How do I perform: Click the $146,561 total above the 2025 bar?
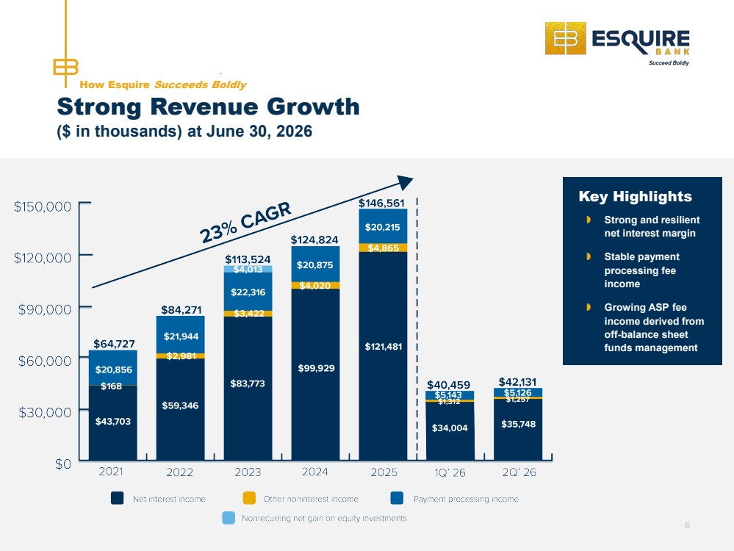381,203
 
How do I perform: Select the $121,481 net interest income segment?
383,356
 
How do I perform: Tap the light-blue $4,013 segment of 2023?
248,269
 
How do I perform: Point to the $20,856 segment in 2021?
113,368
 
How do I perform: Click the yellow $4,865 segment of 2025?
383,248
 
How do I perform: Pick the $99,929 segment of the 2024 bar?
315,375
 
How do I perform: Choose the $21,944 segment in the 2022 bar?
180,335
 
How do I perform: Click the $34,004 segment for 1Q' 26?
450,431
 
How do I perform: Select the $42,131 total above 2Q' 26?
517,382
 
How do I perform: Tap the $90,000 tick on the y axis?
45,309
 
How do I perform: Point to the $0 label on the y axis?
63,464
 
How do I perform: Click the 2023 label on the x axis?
248,472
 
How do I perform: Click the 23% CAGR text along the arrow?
245,223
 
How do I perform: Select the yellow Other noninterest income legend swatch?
249,498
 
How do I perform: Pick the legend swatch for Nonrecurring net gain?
229,518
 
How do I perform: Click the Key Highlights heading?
635,197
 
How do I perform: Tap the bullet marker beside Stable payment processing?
589,256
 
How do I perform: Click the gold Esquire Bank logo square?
566,38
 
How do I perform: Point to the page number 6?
687,525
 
